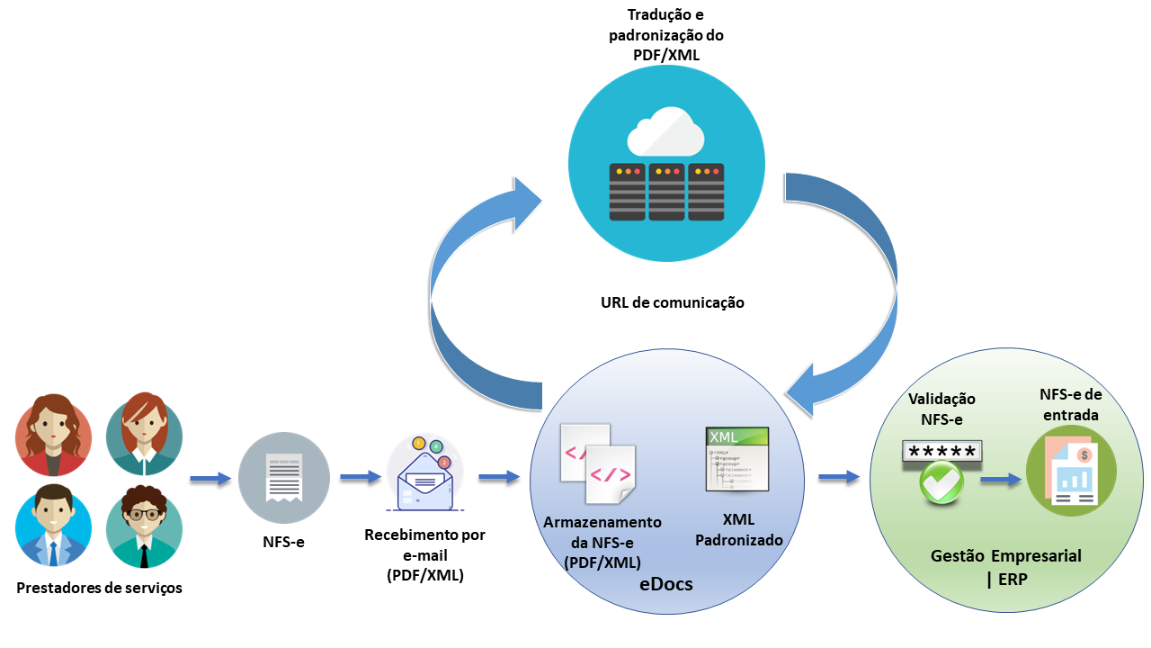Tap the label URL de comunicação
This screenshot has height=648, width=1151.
673,302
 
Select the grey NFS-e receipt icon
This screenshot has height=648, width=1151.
283,477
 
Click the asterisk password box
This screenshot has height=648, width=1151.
941,452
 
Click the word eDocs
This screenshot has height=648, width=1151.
665,583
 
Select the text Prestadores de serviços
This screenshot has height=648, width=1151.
99,588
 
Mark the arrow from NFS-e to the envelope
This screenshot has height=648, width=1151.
361,476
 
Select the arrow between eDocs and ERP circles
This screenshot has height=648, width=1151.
837,476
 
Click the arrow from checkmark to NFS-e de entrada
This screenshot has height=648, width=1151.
1001,480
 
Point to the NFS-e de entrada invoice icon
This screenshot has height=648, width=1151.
1071,472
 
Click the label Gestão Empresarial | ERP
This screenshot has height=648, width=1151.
1005,567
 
